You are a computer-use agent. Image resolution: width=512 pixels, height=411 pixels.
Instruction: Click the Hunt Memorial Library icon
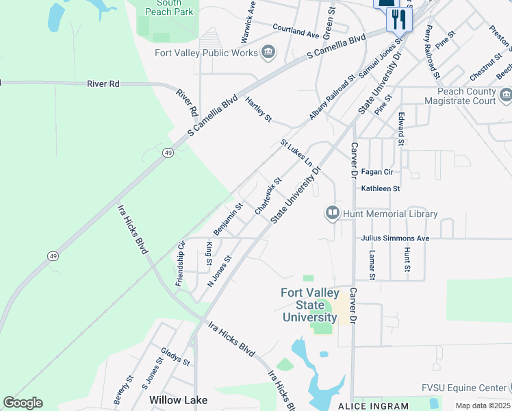[x=333, y=214]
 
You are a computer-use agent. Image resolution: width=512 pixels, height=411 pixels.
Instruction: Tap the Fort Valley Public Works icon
[x=268, y=53]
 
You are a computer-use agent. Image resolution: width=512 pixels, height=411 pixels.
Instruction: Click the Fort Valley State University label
[x=309, y=305]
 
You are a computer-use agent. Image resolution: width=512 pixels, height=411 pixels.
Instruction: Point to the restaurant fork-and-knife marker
[x=399, y=19]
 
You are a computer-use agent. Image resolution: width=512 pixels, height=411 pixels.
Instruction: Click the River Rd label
[x=103, y=84]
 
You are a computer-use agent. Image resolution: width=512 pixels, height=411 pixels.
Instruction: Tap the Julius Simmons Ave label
[x=395, y=238]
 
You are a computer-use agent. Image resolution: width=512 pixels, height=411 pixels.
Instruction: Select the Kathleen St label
[x=381, y=188]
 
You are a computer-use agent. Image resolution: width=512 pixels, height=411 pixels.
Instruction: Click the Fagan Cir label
[x=377, y=173]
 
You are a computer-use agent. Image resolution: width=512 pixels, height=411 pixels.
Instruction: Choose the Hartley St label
[x=259, y=109]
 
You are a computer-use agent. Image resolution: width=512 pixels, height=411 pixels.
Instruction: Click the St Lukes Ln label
[x=296, y=153]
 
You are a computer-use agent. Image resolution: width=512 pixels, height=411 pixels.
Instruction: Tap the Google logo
[x=23, y=403]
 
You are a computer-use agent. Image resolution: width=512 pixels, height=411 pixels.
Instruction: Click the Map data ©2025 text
[x=482, y=406]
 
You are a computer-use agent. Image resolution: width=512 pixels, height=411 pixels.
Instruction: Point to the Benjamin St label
[x=229, y=216]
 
